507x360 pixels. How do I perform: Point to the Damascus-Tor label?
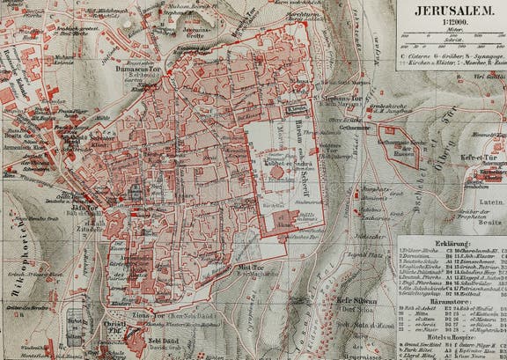(x=136, y=67)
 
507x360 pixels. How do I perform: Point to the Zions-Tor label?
(x=136, y=314)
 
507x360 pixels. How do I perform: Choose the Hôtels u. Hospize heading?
(x=451, y=336)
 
